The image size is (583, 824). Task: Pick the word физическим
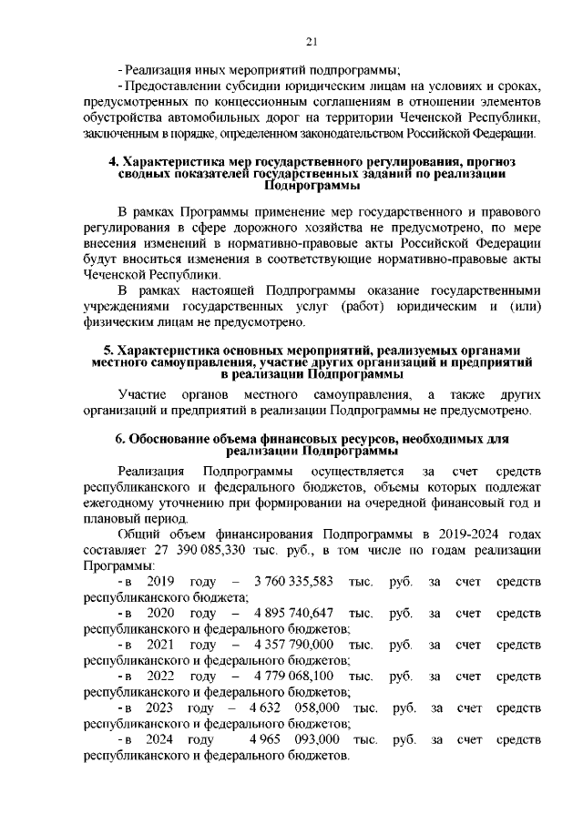click(116, 322)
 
